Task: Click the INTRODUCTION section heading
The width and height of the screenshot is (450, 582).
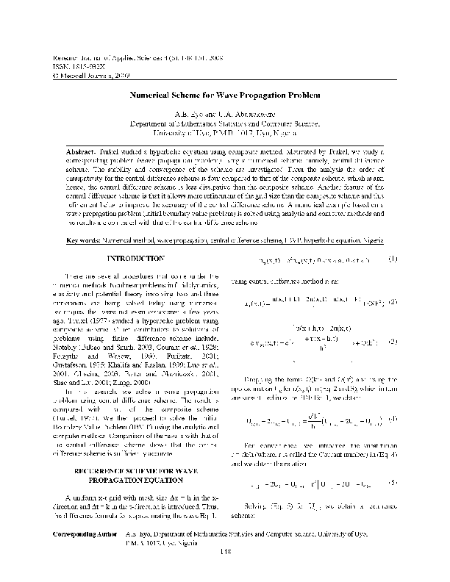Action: click(x=136, y=259)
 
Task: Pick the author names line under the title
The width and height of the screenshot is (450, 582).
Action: click(x=225, y=115)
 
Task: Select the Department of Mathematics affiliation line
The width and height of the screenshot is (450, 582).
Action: click(x=225, y=125)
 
